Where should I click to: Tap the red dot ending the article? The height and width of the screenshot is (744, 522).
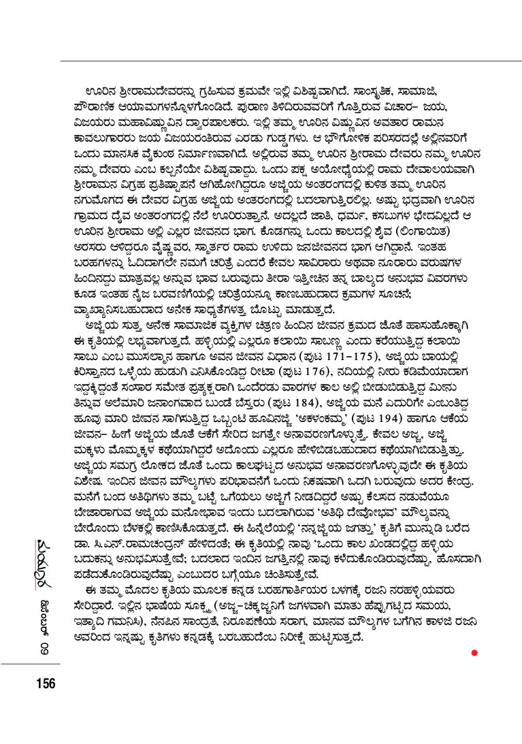click(474, 653)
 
